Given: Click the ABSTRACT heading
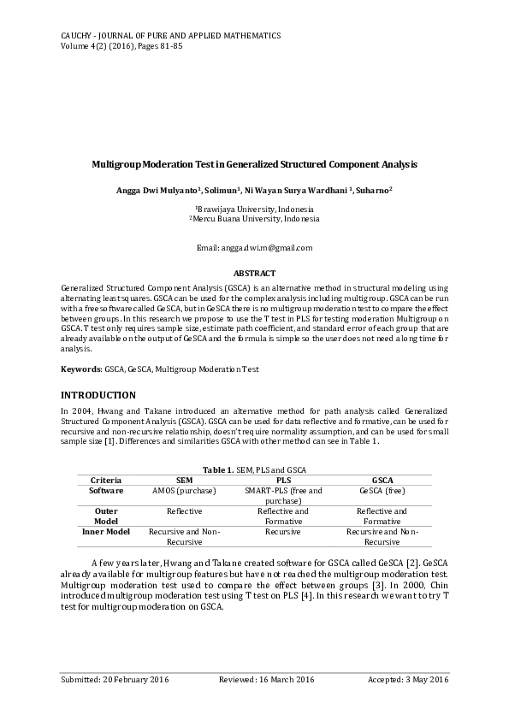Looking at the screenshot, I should click(x=254, y=274).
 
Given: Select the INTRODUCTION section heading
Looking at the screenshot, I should click(x=98, y=395).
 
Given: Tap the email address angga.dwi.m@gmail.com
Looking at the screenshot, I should click(x=254, y=248).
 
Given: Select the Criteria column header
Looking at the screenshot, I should click(x=106, y=481).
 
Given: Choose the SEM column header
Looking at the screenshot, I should click(x=184, y=481).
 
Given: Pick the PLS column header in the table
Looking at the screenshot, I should click(x=283, y=481).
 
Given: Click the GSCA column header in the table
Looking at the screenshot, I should click(x=382, y=481).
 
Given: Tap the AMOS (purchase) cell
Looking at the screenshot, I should click(x=184, y=491).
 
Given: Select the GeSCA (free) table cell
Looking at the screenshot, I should click(x=382, y=491).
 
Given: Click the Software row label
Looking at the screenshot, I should click(x=106, y=491).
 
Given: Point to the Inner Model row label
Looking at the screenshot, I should click(x=106, y=532).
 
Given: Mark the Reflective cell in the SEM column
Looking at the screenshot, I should click(x=184, y=511).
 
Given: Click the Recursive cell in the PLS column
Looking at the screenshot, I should click(x=283, y=532).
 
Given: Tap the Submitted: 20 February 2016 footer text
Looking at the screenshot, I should click(x=115, y=679).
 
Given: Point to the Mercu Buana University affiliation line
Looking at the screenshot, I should click(x=254, y=219).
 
